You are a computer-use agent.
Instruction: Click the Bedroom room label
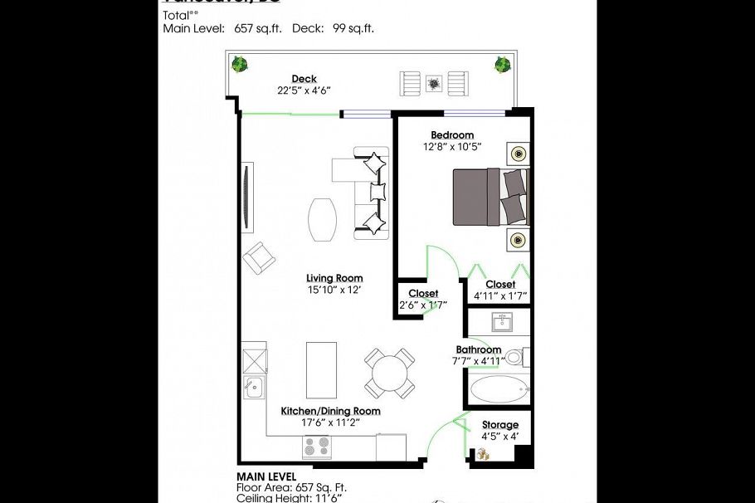pyautogui.click(x=452, y=135)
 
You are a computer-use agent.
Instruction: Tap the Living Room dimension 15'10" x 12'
pyautogui.click(x=334, y=290)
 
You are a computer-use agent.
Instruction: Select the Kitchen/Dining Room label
pyautogui.click(x=330, y=411)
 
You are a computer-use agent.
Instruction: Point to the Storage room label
pyautogui.click(x=499, y=425)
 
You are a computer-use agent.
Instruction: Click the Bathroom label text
pyautogui.click(x=478, y=349)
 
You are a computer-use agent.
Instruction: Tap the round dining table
pyautogui.click(x=390, y=373)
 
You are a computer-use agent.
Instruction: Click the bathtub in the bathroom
pyautogui.click(x=498, y=388)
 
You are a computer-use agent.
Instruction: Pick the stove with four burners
pyautogui.click(x=316, y=447)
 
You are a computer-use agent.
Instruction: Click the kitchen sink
pyautogui.click(x=253, y=386)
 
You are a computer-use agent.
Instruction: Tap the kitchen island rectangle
pyautogui.click(x=321, y=369)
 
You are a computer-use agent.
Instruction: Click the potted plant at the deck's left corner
pyautogui.click(x=240, y=64)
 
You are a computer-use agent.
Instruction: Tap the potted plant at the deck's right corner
pyautogui.click(x=502, y=64)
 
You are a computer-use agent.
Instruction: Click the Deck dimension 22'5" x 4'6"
pyautogui.click(x=304, y=91)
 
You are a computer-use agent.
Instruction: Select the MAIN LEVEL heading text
pyautogui.click(x=266, y=476)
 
